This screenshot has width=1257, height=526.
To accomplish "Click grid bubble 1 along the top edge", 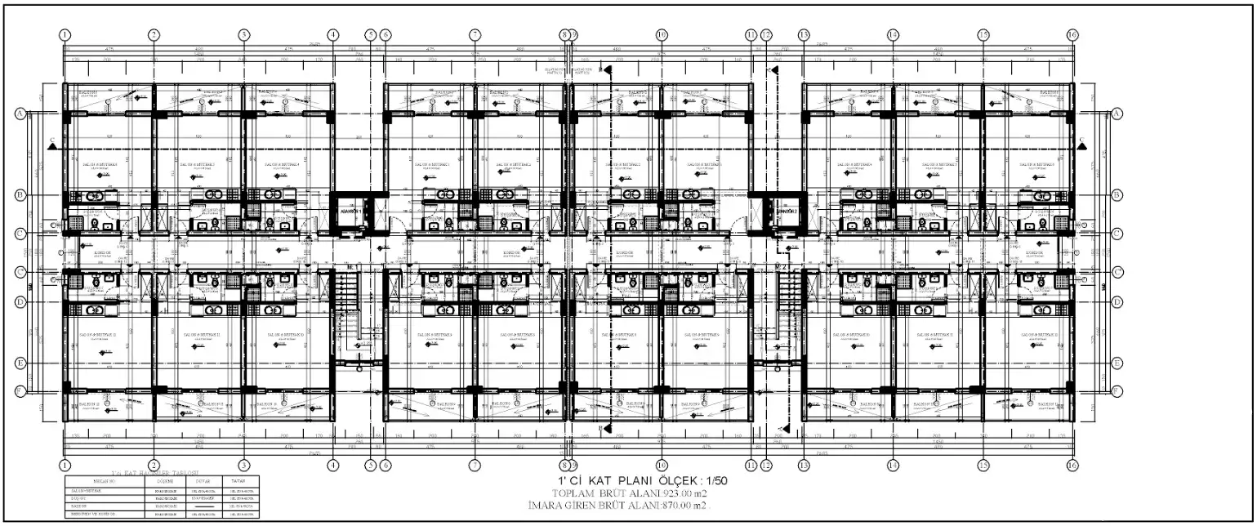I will tap(65, 34).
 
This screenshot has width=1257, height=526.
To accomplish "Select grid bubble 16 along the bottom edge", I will tap(1073, 464).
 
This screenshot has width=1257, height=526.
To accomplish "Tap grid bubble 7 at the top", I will tap(475, 34).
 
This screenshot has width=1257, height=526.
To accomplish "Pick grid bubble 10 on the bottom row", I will tap(662, 464).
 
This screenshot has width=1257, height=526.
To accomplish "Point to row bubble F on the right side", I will tap(1117, 391).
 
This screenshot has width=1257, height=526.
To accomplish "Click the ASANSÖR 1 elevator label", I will tap(350, 210).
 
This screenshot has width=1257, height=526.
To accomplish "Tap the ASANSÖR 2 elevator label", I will tap(784, 210).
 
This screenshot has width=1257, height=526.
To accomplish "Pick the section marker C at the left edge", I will tap(52, 142).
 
